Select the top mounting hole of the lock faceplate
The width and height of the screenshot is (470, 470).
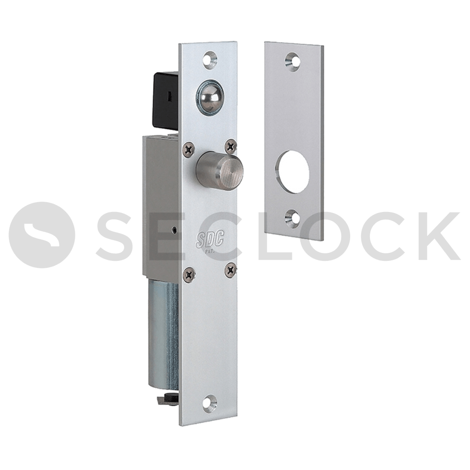(210, 59)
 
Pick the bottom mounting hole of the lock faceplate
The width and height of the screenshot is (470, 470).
(210, 403)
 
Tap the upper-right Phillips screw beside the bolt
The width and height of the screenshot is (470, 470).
(231, 146)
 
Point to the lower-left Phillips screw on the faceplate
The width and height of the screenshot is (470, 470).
(190, 274)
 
